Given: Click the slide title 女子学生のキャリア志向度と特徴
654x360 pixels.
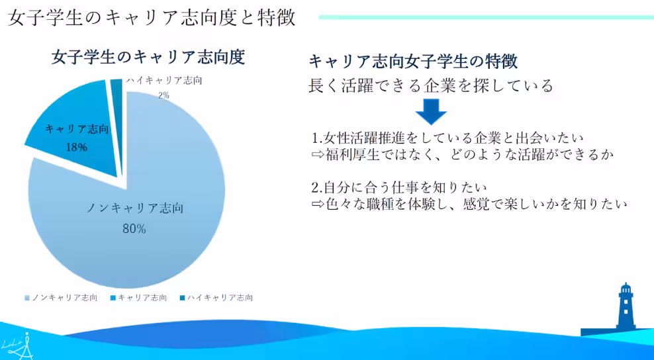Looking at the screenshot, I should click(151, 17).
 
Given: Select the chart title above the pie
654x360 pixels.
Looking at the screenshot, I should click(148, 58).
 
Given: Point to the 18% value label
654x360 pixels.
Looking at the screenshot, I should click(77, 147).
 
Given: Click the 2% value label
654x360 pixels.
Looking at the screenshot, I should click(163, 95).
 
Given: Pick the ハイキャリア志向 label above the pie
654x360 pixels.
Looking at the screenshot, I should click(164, 81).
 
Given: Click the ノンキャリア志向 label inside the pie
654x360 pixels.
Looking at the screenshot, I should click(135, 208).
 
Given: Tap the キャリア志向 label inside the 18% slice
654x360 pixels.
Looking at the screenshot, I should click(77, 129).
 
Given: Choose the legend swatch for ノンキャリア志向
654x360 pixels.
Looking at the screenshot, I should click(27, 298).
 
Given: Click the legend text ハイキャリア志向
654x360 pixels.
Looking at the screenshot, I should click(220, 298).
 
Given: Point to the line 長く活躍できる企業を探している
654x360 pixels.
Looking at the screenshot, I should click(430, 85).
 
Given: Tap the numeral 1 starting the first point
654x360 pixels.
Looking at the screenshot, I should click(316, 138).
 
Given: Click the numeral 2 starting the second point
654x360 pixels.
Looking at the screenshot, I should click(316, 186).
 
